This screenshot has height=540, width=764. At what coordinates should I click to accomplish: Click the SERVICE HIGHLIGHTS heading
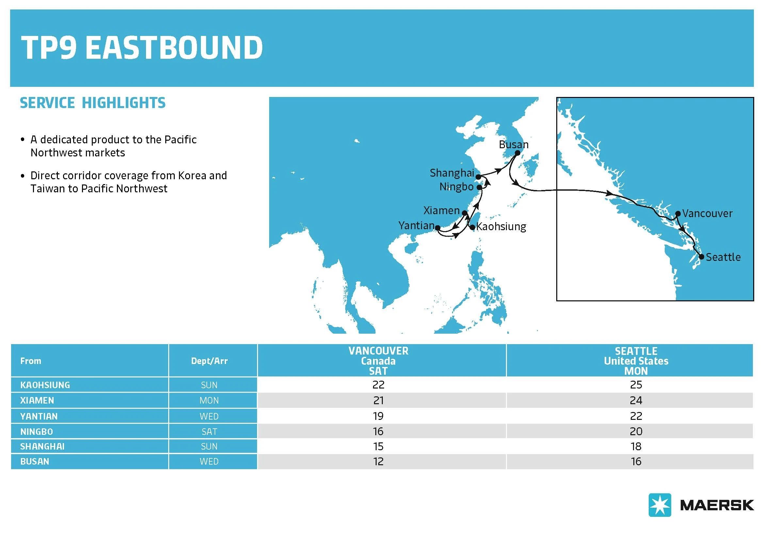(x=92, y=103)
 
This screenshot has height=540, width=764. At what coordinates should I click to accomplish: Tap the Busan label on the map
(x=513, y=144)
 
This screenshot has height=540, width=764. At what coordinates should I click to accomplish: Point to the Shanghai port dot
(x=478, y=177)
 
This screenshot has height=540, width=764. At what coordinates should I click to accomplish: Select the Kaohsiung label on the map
(x=501, y=227)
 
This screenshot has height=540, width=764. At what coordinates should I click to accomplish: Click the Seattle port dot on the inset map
(x=701, y=257)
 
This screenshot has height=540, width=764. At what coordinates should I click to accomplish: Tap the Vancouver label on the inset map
(x=707, y=213)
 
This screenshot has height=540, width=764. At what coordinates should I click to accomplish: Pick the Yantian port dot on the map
(x=438, y=228)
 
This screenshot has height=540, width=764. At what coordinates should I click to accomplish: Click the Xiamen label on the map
(x=441, y=210)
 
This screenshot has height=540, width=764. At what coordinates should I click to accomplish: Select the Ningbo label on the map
(x=456, y=187)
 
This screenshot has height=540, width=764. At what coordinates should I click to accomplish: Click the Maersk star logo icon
(x=659, y=505)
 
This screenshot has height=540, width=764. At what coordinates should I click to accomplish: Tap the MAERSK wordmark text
(x=717, y=505)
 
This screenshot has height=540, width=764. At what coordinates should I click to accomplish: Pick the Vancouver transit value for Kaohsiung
(x=378, y=385)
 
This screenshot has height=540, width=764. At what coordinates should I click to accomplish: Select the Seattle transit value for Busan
(x=636, y=461)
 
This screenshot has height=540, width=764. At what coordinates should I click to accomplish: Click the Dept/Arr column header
(x=209, y=361)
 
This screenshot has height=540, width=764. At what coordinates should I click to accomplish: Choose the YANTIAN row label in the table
(x=39, y=416)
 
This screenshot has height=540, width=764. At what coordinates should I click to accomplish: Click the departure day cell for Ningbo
(x=209, y=431)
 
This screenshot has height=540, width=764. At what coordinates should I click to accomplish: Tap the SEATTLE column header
(x=636, y=361)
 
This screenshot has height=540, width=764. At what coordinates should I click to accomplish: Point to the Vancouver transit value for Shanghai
(x=378, y=446)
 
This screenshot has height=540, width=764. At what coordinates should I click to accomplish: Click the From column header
(x=31, y=361)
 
